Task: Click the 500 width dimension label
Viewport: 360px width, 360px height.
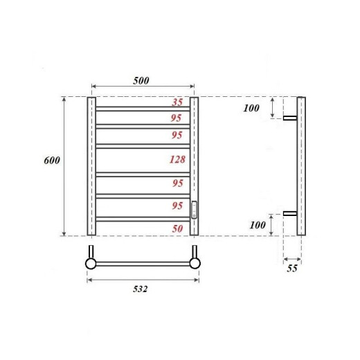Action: [141, 80]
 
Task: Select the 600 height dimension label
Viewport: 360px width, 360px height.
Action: [52, 160]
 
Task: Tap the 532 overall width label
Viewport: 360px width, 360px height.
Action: [141, 289]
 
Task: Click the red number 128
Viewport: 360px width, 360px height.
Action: [177, 160]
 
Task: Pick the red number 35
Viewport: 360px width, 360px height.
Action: [177, 102]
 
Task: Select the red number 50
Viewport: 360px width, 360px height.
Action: [177, 228]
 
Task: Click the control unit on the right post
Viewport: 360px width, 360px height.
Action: [195, 209]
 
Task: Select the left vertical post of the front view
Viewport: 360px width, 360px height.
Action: [91, 166]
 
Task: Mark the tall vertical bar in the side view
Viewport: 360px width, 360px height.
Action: [301, 166]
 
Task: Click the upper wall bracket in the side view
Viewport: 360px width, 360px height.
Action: [290, 119]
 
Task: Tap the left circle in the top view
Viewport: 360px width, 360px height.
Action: [91, 263]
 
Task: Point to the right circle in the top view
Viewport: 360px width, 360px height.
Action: [195, 263]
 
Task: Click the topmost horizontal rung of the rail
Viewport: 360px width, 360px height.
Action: [142, 109]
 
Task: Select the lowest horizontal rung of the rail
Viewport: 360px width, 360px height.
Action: [142, 218]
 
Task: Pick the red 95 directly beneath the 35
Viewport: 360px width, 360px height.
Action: [177, 118]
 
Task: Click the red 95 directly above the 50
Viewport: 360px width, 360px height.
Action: [177, 206]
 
